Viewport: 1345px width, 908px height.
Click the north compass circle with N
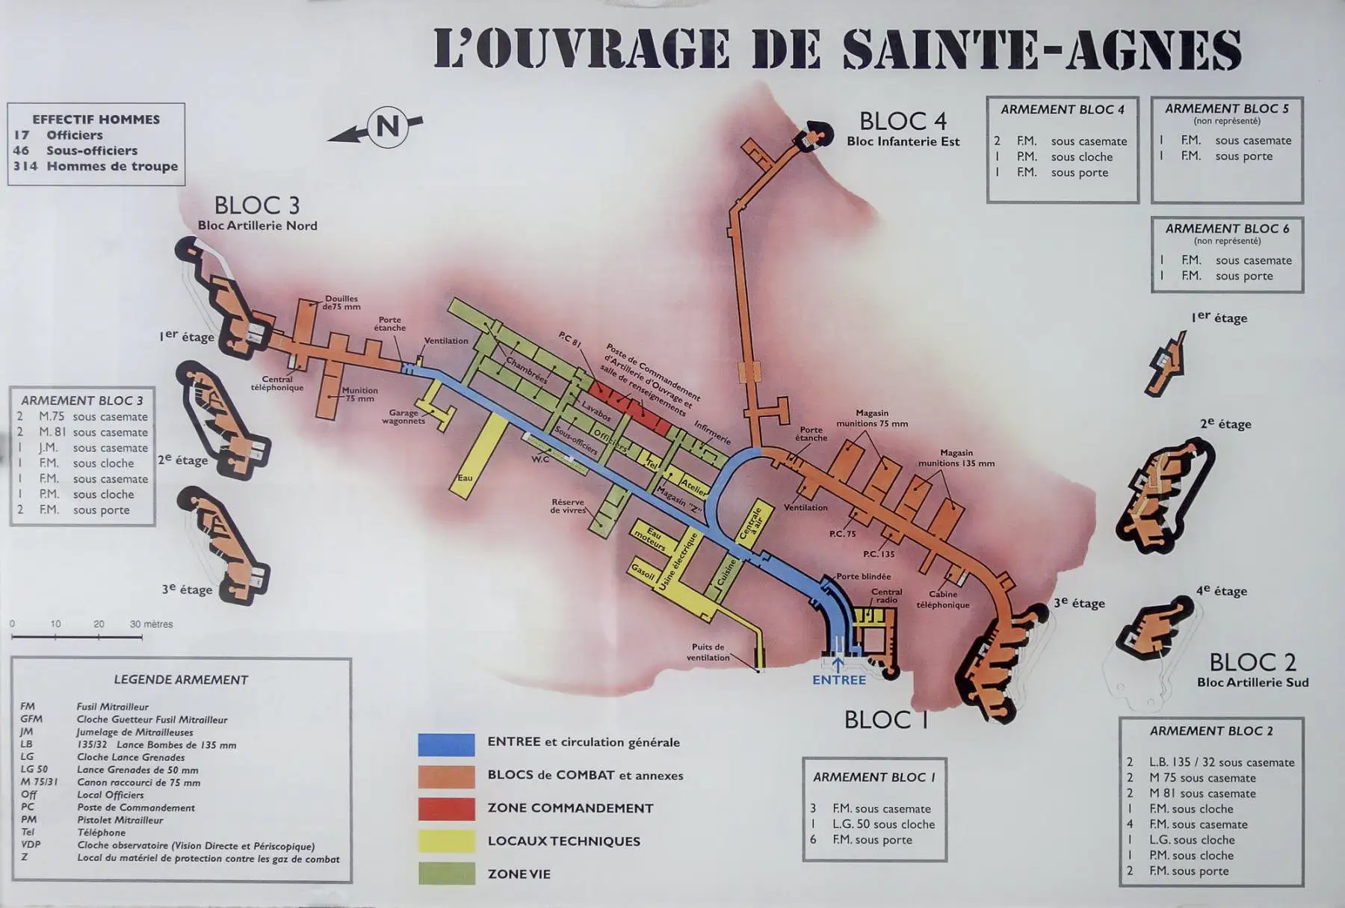(387, 126)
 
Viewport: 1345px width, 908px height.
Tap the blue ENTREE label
(839, 679)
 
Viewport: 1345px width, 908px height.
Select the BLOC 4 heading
(903, 121)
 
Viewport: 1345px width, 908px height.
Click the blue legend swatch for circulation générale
(446, 744)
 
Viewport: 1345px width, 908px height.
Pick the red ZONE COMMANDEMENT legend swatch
(446, 809)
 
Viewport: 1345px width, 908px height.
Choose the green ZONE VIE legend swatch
(446, 874)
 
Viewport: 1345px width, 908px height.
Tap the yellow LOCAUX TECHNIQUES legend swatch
(446, 841)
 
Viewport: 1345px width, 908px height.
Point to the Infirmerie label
(712, 433)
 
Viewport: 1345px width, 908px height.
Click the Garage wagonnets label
(403, 417)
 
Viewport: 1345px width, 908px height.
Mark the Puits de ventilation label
(708, 652)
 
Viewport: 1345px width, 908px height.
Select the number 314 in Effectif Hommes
(25, 166)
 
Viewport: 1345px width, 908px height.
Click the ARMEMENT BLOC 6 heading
(1227, 229)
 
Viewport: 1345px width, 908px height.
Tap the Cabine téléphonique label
(943, 599)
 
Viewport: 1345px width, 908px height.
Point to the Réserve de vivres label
(568, 506)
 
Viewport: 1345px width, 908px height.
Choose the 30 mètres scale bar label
(151, 624)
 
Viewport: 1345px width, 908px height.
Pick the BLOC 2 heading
(1252, 662)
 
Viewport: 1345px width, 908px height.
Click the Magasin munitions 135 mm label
(956, 458)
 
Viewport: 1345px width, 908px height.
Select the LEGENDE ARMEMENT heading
(181, 679)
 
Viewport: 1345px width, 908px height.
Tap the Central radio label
(887, 596)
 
